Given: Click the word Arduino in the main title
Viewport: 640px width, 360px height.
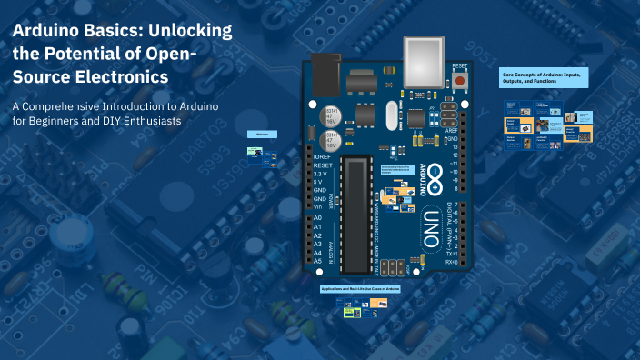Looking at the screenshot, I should point(51,31).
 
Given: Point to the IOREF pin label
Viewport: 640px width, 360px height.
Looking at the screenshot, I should point(322,157).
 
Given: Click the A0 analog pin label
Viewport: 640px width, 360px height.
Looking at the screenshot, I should point(317,218).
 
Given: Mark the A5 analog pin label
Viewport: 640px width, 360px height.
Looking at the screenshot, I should point(317,261).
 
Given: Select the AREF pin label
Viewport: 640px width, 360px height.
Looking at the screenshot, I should point(450,131).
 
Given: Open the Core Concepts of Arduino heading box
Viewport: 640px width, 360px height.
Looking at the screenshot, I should point(545,78).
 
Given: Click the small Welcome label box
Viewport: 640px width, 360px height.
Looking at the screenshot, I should point(262,134).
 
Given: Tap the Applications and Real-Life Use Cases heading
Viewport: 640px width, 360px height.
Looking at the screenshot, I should point(360,288).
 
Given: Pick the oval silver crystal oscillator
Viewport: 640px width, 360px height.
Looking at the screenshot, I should point(394,115).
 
